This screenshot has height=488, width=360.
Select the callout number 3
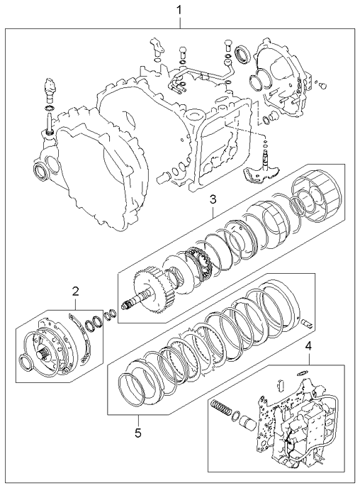click(x=212, y=201)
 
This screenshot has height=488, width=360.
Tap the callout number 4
click(x=308, y=346)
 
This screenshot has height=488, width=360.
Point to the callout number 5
click(x=138, y=431)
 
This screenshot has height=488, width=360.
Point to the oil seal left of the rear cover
click(x=242, y=53)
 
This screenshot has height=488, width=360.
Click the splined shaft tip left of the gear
click(x=128, y=303)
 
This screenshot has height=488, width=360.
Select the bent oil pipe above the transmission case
click(x=213, y=72)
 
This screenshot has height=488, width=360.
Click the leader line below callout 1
click(x=179, y=21)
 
